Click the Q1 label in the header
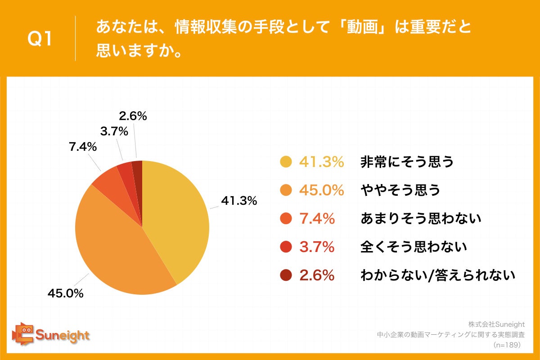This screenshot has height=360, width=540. (x=40, y=40)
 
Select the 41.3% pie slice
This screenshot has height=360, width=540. (x=180, y=216)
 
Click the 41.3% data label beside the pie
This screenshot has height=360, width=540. (x=238, y=201)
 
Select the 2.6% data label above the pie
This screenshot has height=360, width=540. (x=133, y=116)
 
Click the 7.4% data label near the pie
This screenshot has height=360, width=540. (x=83, y=147)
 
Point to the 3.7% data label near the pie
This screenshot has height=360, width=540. (x=114, y=132)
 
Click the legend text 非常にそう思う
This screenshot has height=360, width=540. (x=407, y=162)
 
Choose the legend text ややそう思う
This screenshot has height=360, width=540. (x=400, y=190)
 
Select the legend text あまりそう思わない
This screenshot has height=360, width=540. (x=421, y=219)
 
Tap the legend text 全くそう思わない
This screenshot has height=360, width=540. (x=414, y=247)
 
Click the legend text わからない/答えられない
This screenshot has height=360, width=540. (x=437, y=275)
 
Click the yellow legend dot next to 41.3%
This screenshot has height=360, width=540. (x=286, y=162)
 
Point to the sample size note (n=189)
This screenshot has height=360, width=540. (x=507, y=345)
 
